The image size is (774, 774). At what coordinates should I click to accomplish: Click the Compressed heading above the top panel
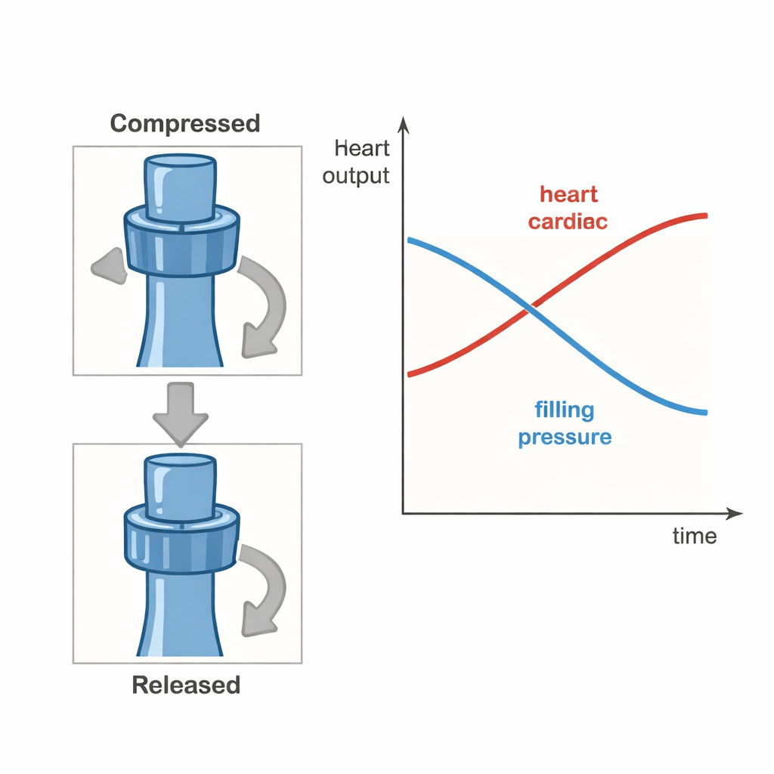185,123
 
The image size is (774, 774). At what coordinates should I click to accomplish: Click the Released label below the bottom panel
186,685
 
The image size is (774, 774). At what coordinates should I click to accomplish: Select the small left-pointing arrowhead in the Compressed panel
107,266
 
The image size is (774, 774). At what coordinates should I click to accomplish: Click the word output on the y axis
356,176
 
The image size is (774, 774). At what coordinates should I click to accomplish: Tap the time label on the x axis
694,536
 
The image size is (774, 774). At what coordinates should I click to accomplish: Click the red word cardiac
568,222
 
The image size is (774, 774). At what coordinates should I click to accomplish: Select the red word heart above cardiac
568,194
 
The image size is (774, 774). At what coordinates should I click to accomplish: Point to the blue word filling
564,410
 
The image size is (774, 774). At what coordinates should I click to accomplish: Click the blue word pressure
565,438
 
